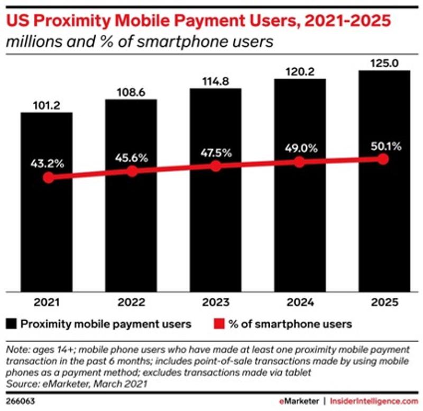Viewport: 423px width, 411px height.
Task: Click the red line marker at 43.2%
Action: (48, 178)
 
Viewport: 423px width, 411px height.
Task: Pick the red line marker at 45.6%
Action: (132, 171)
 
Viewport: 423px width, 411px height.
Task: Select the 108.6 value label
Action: (131, 92)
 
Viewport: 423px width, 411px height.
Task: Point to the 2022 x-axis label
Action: (131, 303)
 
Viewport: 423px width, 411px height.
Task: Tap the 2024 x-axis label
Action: (299, 303)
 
